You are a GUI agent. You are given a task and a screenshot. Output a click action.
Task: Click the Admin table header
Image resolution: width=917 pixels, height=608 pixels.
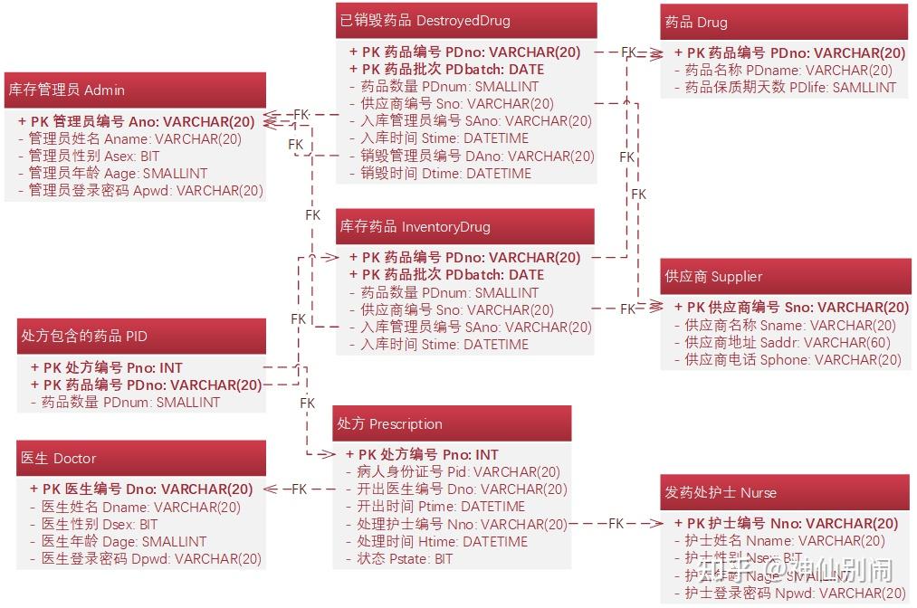[135, 90]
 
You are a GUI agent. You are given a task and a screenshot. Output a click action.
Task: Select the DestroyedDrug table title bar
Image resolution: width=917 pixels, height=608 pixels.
[465, 20]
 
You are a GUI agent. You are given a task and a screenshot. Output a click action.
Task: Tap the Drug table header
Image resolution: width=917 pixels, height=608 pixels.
[783, 22]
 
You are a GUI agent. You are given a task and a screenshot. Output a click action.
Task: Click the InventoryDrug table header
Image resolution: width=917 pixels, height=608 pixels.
[464, 226]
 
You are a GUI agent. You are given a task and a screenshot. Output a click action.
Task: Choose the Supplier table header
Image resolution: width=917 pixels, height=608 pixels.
[786, 276]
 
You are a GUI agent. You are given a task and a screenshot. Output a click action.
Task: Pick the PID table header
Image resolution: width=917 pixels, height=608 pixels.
[141, 336]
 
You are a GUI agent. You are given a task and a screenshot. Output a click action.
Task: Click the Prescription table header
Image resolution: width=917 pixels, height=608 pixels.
[452, 423]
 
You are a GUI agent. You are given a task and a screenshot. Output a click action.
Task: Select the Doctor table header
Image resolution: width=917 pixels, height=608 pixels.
[141, 458]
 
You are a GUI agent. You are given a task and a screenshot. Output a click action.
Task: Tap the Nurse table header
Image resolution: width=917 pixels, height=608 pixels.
[785, 492]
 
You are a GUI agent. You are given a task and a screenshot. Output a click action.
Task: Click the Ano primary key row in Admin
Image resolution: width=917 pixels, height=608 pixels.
[136, 121]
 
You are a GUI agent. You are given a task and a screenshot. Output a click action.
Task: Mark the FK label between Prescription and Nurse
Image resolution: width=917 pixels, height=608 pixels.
[616, 523]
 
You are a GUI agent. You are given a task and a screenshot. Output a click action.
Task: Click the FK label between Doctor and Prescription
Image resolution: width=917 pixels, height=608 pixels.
[299, 489]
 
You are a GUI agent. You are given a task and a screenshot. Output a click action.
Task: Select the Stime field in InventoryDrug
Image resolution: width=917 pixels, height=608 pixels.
[444, 344]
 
